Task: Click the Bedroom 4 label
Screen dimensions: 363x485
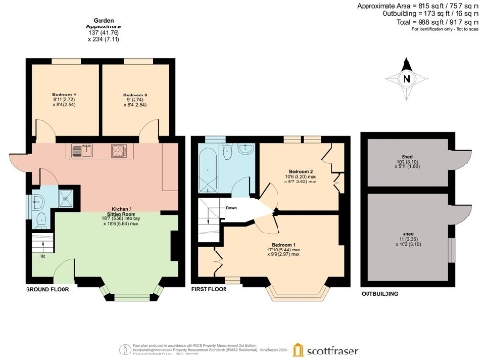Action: [x=63, y=96]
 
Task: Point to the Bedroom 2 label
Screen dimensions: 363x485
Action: [x=300, y=171]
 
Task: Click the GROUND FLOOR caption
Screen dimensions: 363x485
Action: [x=45, y=289]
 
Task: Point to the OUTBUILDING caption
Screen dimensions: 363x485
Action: [x=381, y=294]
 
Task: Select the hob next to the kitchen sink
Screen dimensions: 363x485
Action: [x=120, y=148]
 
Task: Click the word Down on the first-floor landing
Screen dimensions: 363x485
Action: [x=231, y=207]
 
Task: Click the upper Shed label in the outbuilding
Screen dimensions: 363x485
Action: [x=406, y=157]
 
